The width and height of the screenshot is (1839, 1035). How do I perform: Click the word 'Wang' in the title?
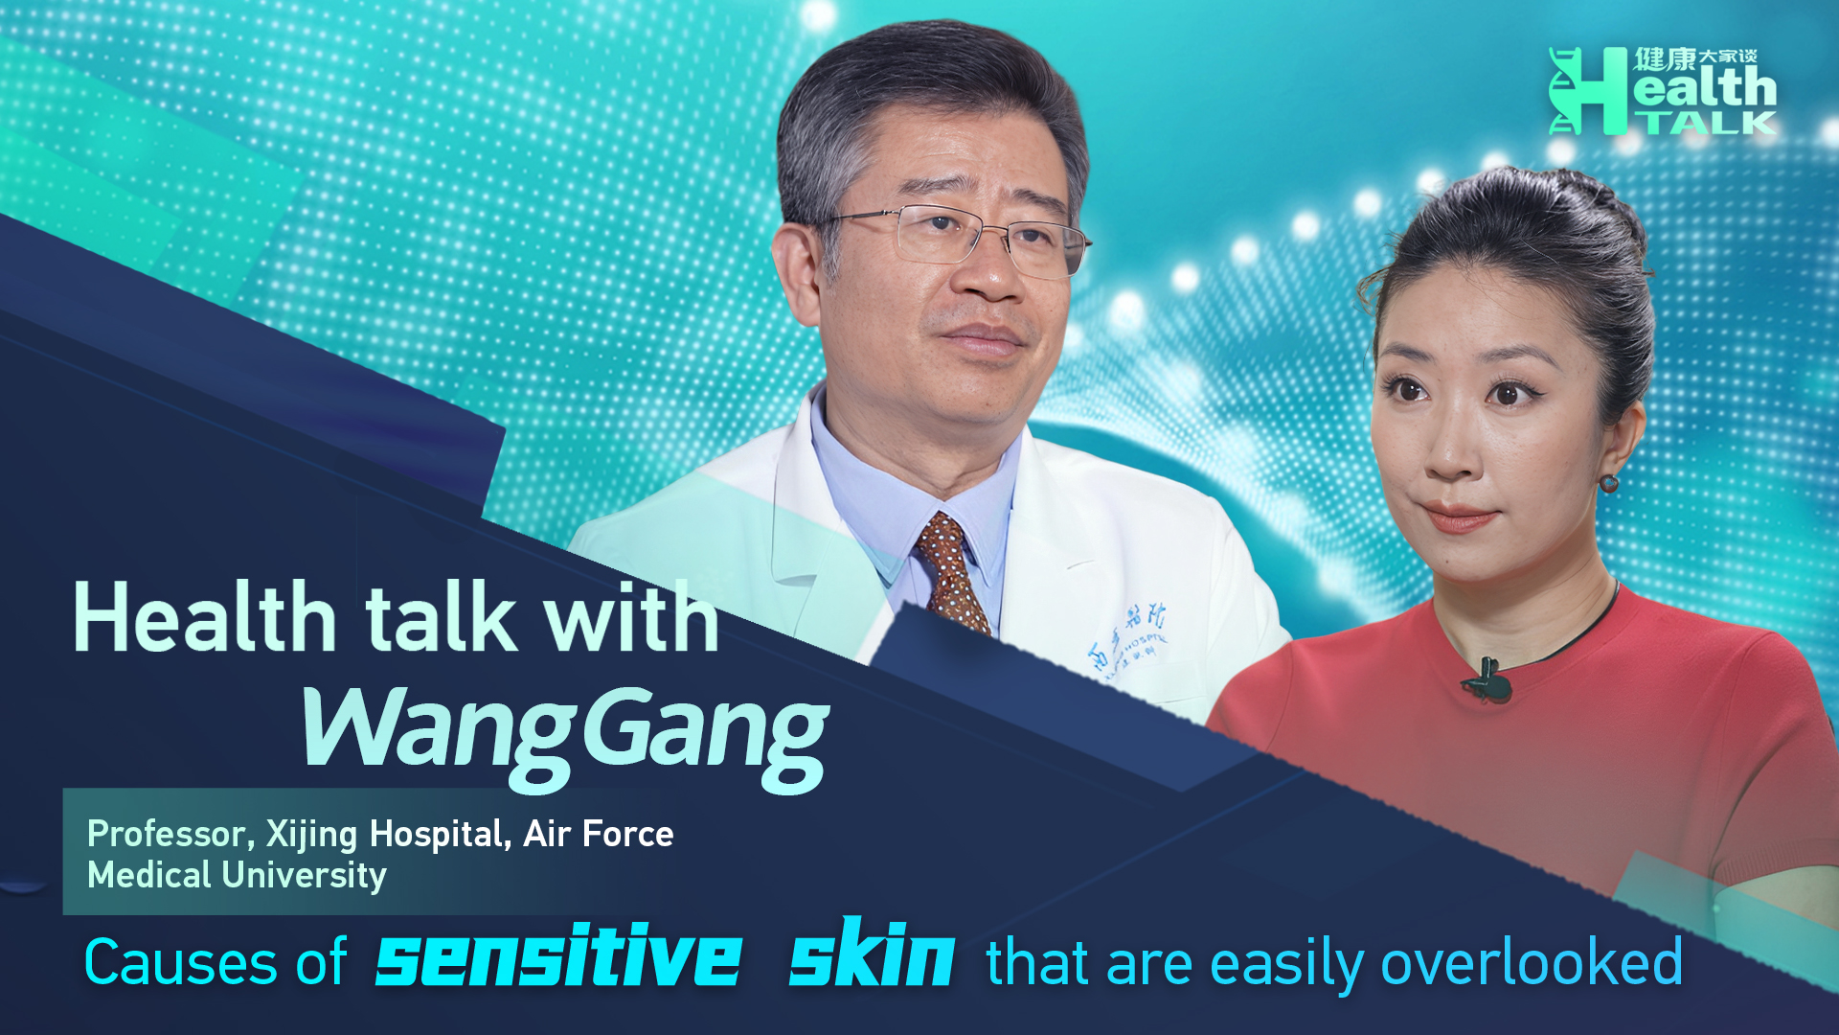click(437, 734)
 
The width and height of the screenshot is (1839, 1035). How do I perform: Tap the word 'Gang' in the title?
click(705, 734)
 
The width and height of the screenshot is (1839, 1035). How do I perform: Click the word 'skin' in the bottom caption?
click(872, 954)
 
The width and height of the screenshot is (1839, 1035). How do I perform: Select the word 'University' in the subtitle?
click(305, 876)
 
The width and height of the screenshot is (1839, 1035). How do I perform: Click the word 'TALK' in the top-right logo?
click(1706, 123)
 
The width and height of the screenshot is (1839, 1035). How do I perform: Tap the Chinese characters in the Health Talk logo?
click(1694, 58)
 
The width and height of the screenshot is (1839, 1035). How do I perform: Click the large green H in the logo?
click(1590, 91)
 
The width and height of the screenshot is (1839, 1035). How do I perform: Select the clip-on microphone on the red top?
click(1487, 679)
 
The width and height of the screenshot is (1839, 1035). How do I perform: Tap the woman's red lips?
click(1460, 517)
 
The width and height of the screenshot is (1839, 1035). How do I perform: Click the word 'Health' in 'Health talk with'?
click(205, 618)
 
